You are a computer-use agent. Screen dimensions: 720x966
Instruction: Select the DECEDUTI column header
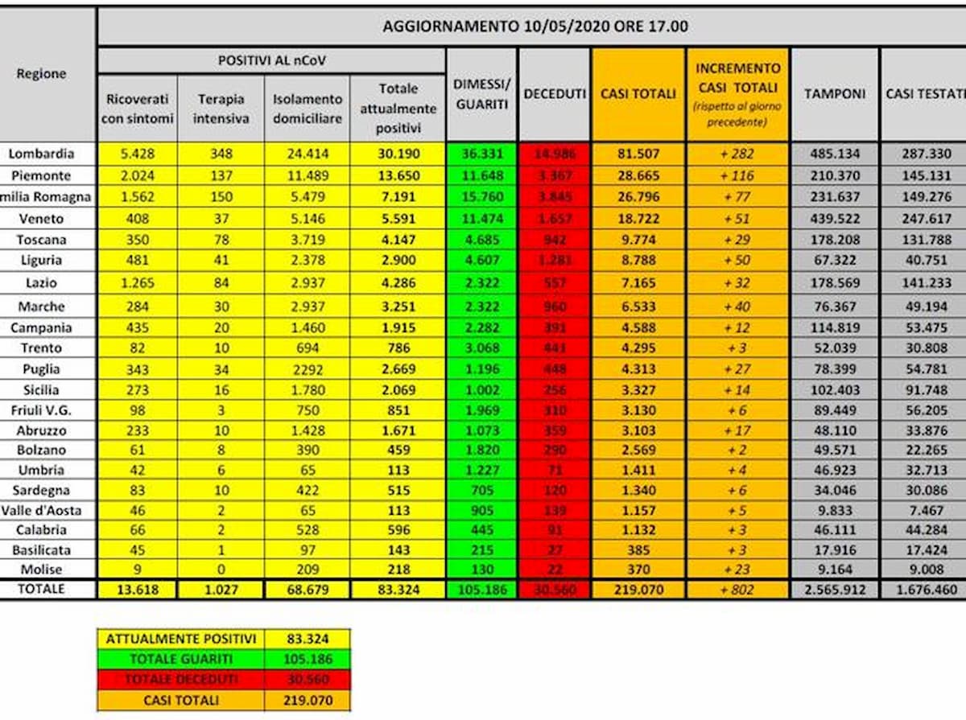coord(555,94)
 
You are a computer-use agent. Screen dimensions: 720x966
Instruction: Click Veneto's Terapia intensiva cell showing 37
coord(223,218)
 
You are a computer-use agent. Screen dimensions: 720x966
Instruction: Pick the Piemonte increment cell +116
coord(737,175)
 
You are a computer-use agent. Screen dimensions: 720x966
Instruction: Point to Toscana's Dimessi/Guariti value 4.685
coord(481,240)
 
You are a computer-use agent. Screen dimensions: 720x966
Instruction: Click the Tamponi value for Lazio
coord(835,283)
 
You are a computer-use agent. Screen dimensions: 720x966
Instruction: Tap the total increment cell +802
coord(737,590)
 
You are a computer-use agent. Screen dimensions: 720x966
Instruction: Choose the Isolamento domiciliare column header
coord(308,108)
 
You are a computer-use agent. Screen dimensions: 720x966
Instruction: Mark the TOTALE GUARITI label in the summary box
coord(181,659)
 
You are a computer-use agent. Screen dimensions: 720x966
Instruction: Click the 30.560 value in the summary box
coord(308,680)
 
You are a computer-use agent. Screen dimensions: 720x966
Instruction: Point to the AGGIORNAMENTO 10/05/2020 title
coord(535,26)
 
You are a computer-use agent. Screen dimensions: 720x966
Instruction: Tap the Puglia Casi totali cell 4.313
coord(638,369)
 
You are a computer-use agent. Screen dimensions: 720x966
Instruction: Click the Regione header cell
coord(41,74)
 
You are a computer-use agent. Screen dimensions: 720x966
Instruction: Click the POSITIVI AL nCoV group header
coord(272,60)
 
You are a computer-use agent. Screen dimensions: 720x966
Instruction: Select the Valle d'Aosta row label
coord(43,510)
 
